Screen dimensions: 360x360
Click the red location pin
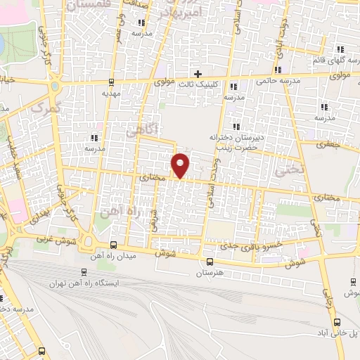[181, 165]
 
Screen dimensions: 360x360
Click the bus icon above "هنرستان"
[209, 262]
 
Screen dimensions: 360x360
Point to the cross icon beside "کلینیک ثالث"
[198, 73]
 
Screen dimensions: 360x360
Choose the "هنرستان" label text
[209, 271]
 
